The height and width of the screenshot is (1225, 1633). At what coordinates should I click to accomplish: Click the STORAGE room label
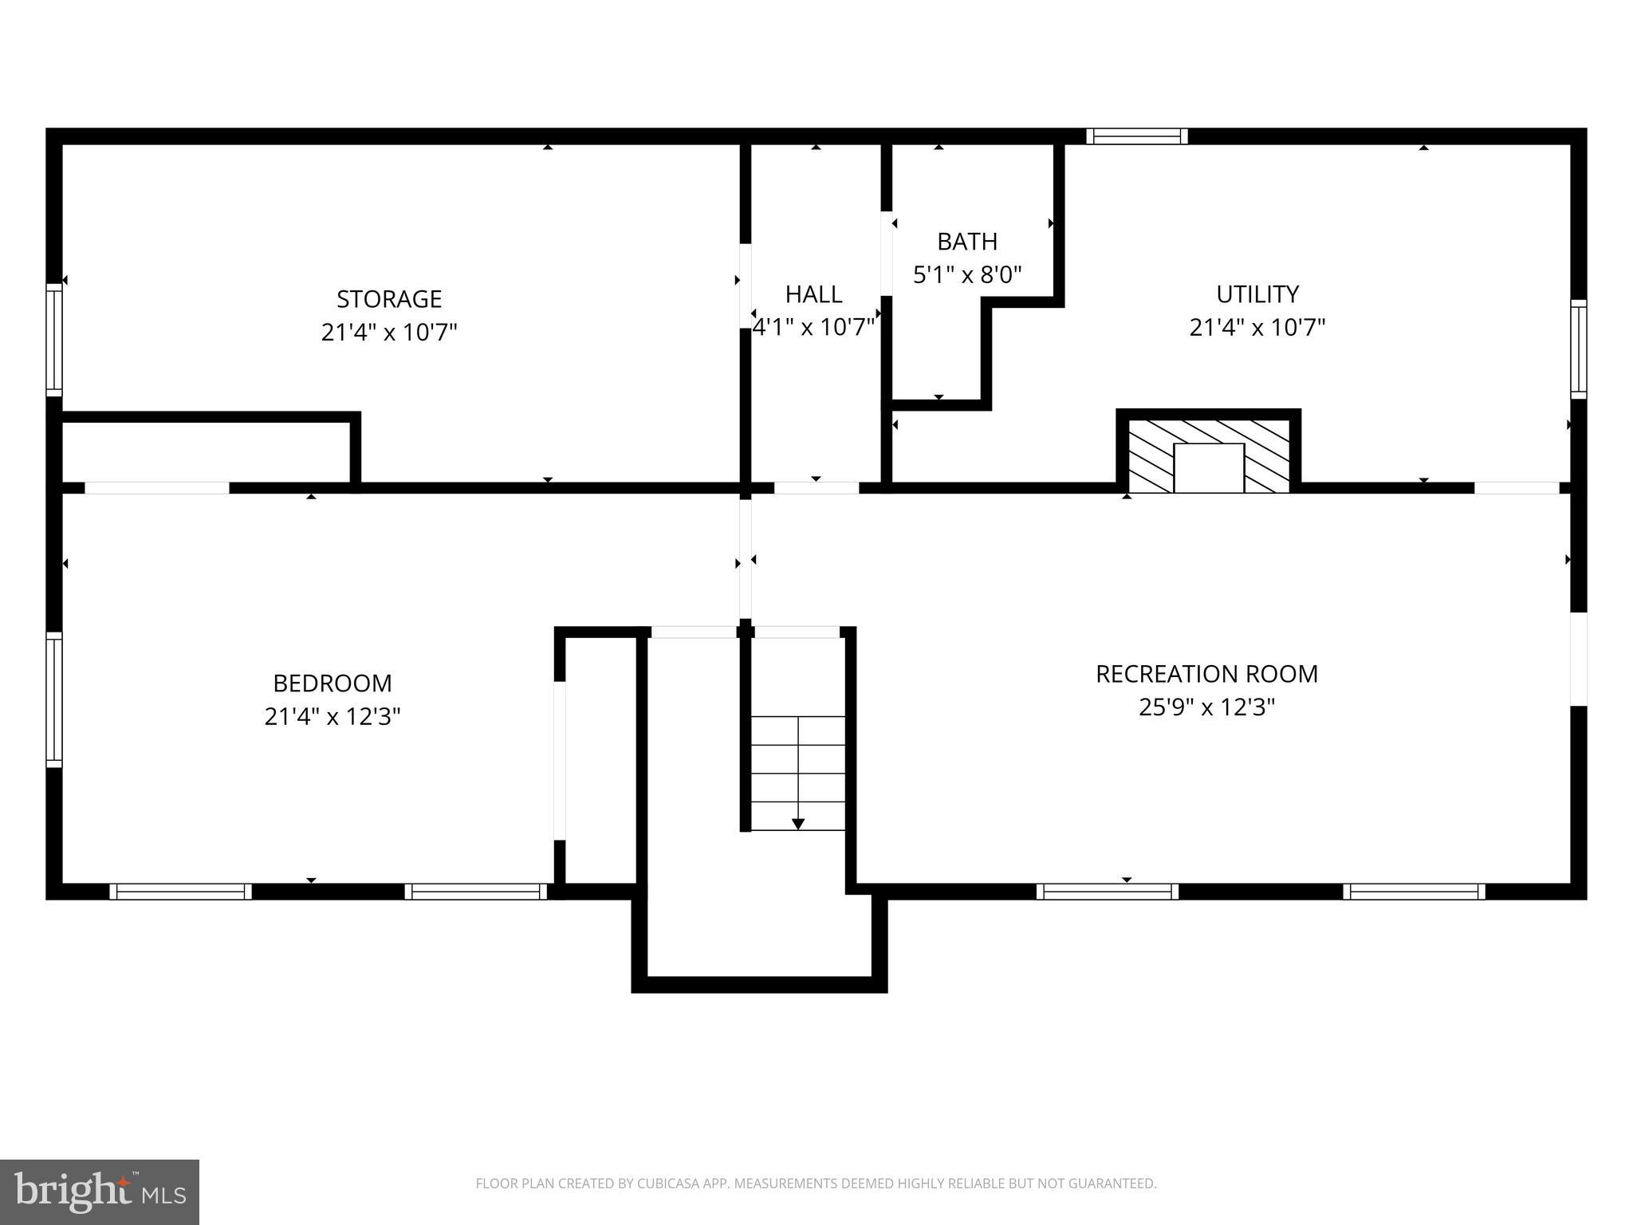point(389,299)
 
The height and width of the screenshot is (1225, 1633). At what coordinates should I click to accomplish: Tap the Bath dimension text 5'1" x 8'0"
point(967,275)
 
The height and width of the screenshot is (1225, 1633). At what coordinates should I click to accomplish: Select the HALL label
point(813,294)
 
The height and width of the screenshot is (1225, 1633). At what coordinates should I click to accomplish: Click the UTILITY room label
point(1257,294)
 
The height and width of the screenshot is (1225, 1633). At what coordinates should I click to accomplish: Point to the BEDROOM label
point(333,683)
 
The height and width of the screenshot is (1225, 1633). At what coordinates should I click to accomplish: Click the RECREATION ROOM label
point(1206,674)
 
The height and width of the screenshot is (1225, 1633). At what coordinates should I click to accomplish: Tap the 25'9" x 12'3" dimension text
point(1206,707)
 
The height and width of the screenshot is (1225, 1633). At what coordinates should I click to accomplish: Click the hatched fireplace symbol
point(1208,455)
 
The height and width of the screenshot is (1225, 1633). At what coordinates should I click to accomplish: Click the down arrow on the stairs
point(798,823)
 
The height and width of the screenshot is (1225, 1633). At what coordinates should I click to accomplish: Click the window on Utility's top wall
point(1137,136)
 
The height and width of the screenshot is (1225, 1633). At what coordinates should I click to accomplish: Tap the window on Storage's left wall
point(54,340)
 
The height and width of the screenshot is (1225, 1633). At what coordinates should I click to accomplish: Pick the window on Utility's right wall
point(1579,349)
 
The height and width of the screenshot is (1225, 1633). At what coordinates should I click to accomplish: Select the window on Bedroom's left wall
point(54,699)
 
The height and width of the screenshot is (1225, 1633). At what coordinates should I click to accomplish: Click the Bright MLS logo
point(100,1192)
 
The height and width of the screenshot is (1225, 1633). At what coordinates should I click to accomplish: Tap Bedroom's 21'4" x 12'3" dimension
point(333,717)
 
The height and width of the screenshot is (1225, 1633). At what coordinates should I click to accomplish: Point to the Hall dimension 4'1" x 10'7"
point(813,328)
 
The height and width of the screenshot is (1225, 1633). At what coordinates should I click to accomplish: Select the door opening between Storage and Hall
point(746,286)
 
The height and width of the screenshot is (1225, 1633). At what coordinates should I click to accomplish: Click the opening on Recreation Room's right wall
point(1579,659)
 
